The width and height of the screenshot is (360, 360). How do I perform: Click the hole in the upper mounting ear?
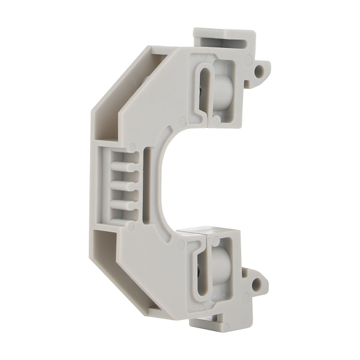[259, 71]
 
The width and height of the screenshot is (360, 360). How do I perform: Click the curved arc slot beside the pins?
[146, 180]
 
